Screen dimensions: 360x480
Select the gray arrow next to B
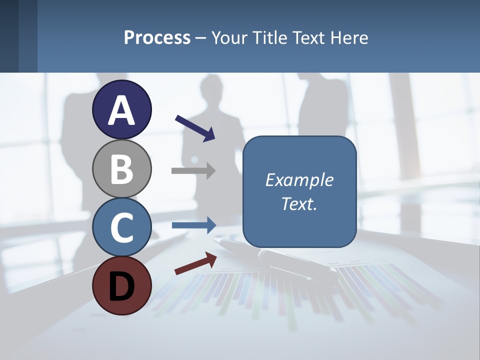point(193,170)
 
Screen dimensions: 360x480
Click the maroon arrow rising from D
point(195,263)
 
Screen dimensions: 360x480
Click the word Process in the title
point(157,37)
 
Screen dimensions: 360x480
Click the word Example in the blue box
point(299,180)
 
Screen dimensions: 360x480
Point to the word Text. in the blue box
point(299,203)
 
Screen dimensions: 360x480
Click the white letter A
point(121,111)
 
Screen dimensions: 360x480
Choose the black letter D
point(121,286)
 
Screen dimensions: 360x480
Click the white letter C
point(121,227)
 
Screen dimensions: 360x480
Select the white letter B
point(121,169)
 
